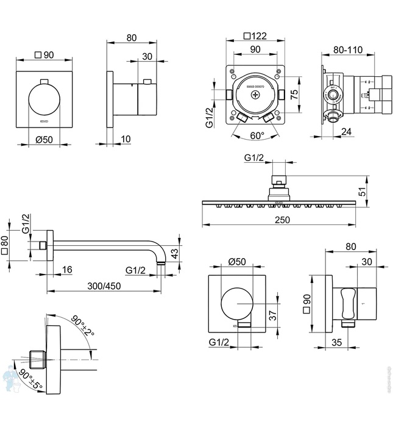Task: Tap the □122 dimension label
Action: click(x=255, y=36)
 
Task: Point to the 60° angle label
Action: click(x=257, y=135)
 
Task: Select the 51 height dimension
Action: click(x=362, y=192)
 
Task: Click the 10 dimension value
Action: click(x=126, y=139)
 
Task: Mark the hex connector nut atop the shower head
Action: click(x=278, y=181)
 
